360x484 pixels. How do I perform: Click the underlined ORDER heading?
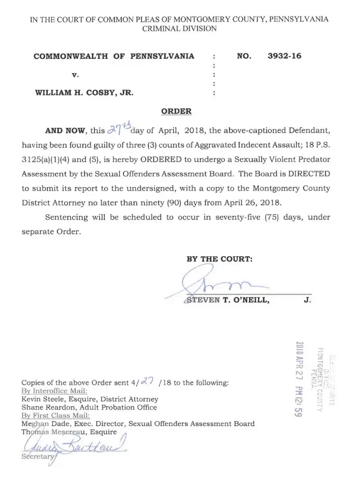176,111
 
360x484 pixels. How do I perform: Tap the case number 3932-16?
284,56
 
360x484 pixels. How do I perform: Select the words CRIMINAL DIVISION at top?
179,29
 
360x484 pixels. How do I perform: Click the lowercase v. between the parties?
75,75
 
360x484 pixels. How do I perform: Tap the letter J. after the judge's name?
307,300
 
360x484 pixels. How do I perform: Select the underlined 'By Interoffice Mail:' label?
54,391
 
